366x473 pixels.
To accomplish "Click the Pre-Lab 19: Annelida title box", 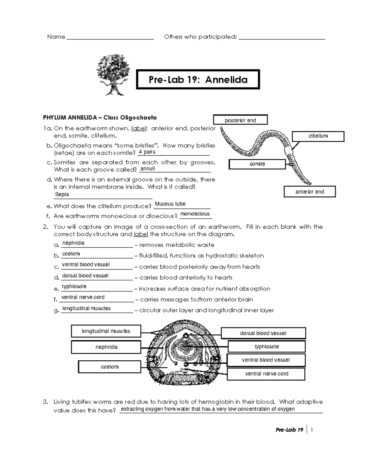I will (198, 79).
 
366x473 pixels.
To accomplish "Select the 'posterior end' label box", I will (240, 120).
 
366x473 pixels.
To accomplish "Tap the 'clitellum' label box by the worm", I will (318, 136).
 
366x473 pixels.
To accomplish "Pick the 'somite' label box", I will (257, 164).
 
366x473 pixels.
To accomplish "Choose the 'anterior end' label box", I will (310, 192).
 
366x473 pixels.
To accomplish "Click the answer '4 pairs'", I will (147, 152).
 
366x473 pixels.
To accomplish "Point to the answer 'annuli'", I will (147, 169).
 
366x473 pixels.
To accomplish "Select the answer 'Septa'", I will (62, 194).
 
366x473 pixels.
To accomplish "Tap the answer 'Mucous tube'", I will (170, 204).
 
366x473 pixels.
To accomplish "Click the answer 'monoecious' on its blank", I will (195, 214).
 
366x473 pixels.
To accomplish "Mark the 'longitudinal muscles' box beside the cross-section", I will (106, 331).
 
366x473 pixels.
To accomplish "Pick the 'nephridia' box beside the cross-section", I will (106, 347).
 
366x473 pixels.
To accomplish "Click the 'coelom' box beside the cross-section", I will (109, 367).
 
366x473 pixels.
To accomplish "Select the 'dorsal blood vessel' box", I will (263, 333).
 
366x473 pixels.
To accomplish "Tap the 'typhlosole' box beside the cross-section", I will (267, 347).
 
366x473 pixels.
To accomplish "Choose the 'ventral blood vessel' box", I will (266, 360).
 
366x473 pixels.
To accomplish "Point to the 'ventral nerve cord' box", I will (266, 374).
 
